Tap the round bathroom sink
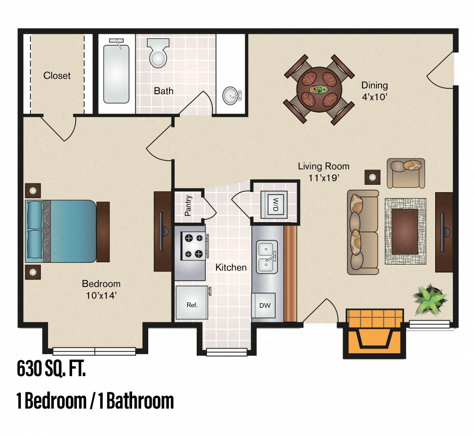231,96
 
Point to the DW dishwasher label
264,305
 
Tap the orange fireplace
374,333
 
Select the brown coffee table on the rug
405,231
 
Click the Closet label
57,75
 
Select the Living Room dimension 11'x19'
323,177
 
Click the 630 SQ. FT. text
51,369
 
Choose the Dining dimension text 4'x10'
374,97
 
